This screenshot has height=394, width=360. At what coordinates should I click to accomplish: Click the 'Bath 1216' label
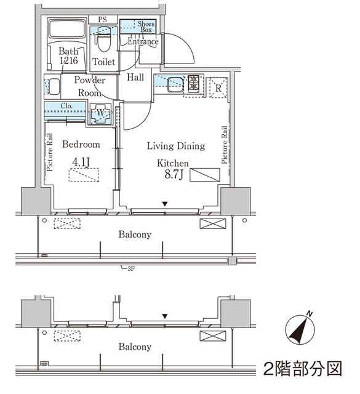coord(68,56)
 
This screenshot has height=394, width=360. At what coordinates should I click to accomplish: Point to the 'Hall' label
coord(135,78)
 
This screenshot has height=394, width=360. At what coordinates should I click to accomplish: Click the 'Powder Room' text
coord(90,86)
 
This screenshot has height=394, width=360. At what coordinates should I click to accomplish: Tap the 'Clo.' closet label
coord(66,106)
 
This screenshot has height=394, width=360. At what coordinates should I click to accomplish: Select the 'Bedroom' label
coord(81,145)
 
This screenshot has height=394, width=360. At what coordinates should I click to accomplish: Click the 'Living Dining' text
coord(175,146)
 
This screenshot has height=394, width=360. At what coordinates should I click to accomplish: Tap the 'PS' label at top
coord(102,20)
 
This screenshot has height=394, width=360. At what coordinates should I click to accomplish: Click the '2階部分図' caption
coord(302,369)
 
